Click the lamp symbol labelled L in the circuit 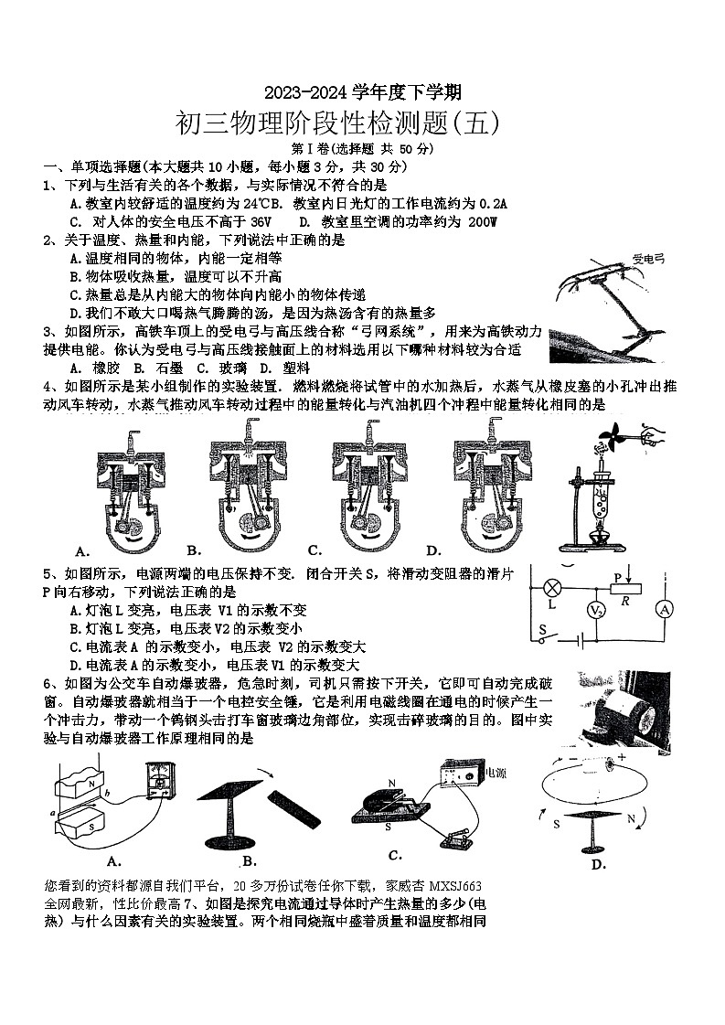tap(551, 587)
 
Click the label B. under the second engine tap(194, 550)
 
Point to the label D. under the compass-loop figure tap(599, 864)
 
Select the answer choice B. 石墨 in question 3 tap(156, 368)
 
